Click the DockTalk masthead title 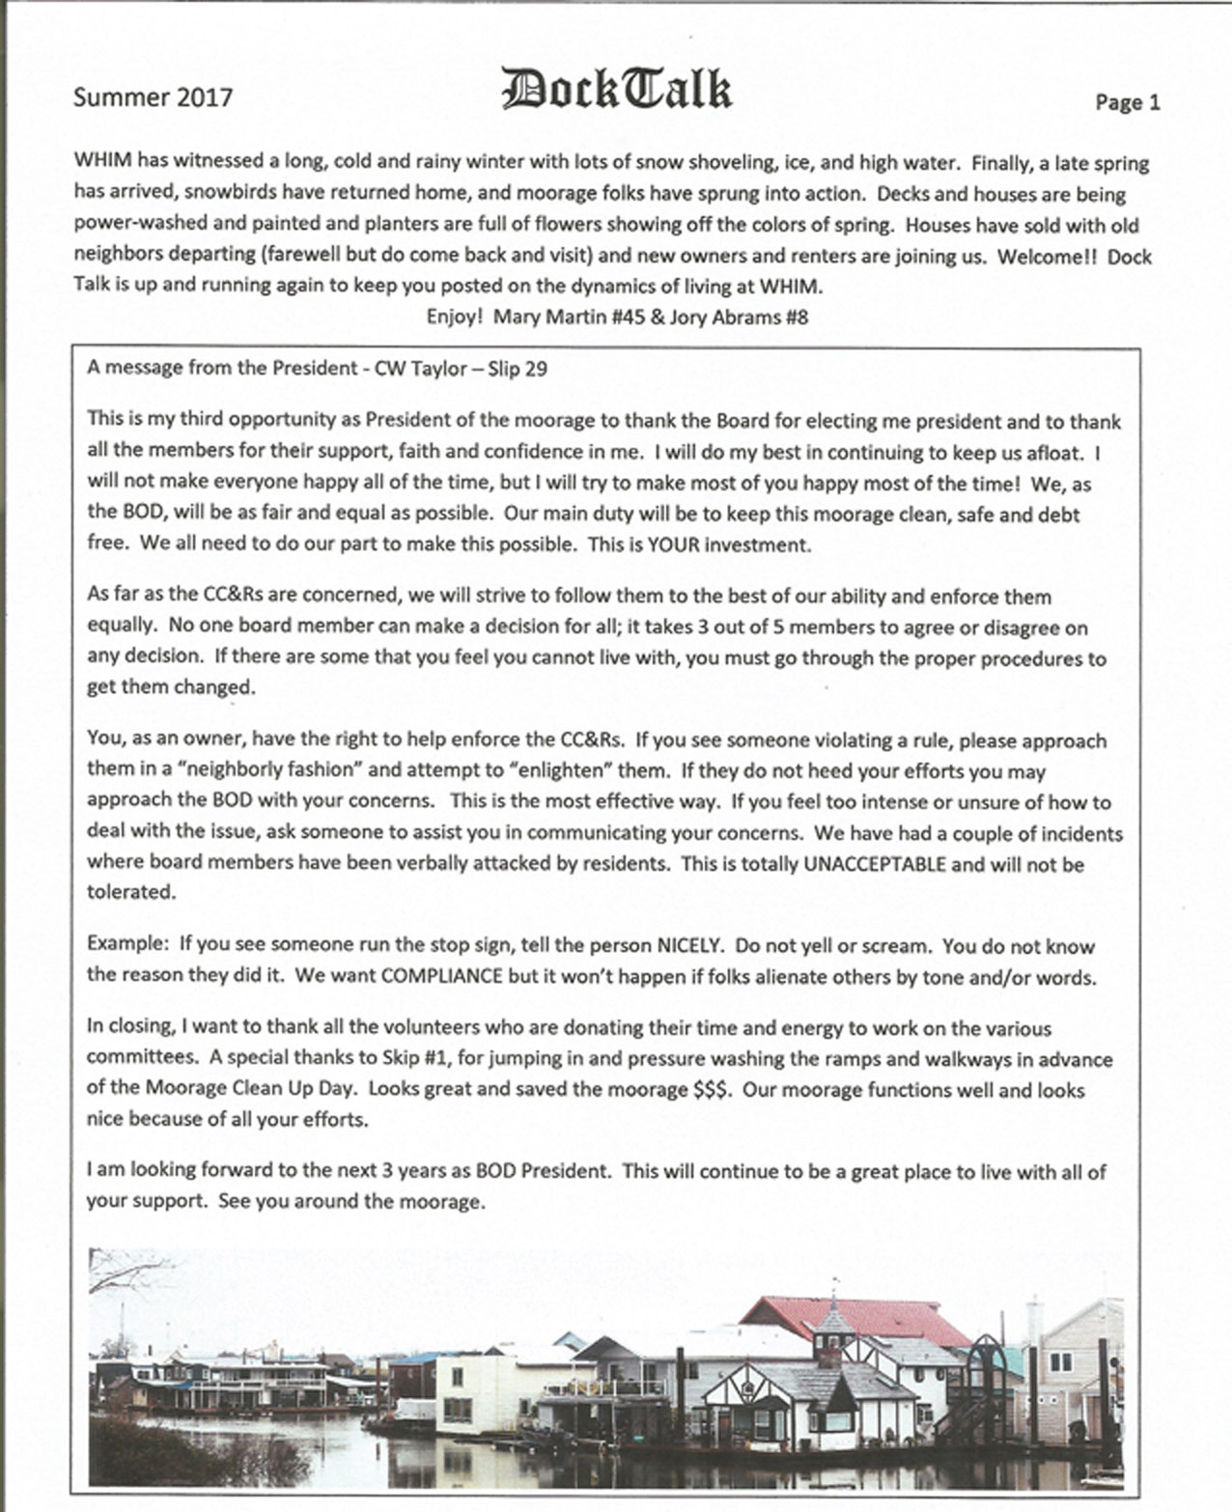pyautogui.click(x=616, y=90)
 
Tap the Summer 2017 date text pyautogui.click(x=153, y=97)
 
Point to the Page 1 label pyautogui.click(x=1127, y=102)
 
